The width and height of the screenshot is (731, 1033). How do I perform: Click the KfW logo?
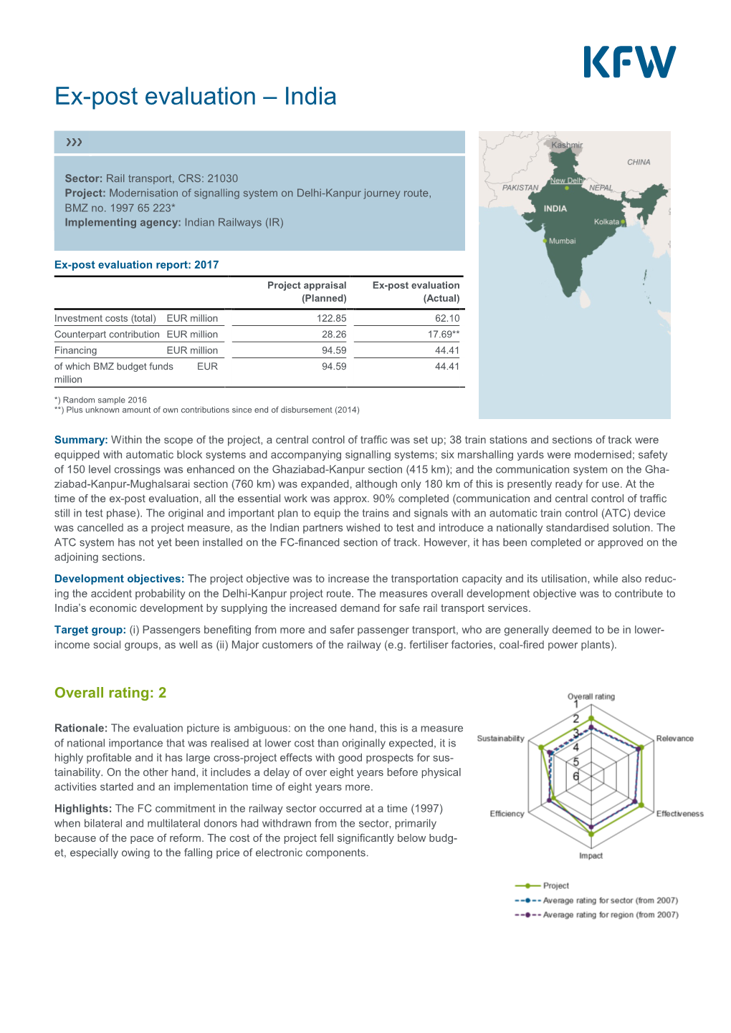629,62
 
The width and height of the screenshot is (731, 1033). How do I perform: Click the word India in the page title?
310,97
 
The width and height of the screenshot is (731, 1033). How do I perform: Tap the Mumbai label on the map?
562,241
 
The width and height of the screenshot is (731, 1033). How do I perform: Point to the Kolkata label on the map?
606,222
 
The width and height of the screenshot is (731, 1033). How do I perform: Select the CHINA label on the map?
639,163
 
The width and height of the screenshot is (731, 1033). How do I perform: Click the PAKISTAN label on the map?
520,188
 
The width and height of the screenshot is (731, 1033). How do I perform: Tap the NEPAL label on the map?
601,188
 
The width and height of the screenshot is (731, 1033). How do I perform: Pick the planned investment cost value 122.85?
331,318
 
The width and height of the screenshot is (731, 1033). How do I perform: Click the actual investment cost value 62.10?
447,318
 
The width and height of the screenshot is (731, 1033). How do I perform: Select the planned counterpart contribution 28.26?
334,335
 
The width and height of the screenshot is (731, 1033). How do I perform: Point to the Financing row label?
75,350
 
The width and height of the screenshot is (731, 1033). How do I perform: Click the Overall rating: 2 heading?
110,693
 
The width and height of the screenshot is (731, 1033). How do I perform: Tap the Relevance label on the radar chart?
674,739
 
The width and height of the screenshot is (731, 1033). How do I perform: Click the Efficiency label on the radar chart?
507,814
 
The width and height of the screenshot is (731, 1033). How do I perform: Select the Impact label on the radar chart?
591,856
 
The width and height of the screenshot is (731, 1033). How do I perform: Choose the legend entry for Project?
555,886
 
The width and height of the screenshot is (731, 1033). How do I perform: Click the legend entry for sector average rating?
609,900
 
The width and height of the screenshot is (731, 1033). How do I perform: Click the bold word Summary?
81,440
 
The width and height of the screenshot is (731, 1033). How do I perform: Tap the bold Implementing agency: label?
123,223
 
